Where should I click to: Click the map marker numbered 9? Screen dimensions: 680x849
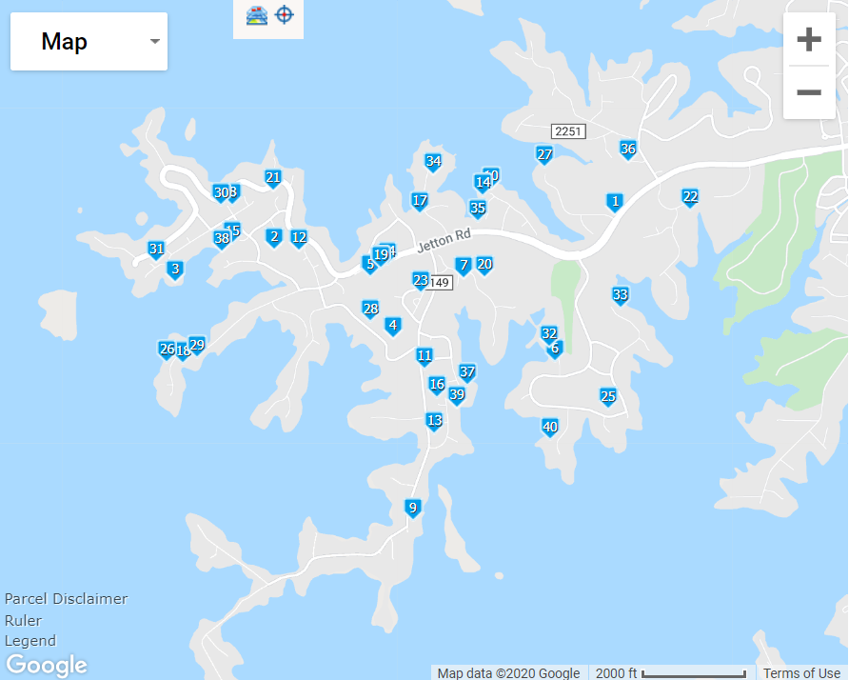pyautogui.click(x=412, y=508)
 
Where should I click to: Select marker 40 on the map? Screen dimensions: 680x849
pyautogui.click(x=549, y=427)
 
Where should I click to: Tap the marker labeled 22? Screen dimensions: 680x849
pyautogui.click(x=690, y=197)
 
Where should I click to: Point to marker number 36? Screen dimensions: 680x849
pyautogui.click(x=627, y=149)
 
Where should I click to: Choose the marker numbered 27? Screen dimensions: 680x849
pyautogui.click(x=544, y=154)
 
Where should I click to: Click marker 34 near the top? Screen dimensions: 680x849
pyautogui.click(x=433, y=161)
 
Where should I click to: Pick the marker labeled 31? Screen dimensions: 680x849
pyautogui.click(x=156, y=250)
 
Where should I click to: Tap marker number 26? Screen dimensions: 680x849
pyautogui.click(x=167, y=350)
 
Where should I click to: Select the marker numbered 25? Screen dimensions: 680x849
pyautogui.click(x=608, y=396)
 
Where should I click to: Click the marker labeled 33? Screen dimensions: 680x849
pyautogui.click(x=621, y=295)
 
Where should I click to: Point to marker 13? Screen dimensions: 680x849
pyautogui.click(x=434, y=420)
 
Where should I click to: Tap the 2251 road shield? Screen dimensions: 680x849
pyautogui.click(x=568, y=130)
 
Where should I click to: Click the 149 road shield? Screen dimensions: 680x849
pyautogui.click(x=439, y=283)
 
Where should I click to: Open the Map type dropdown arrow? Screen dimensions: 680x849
pyautogui.click(x=154, y=42)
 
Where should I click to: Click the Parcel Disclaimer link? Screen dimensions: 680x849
pyautogui.click(x=66, y=599)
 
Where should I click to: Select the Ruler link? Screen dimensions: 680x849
pyautogui.click(x=23, y=620)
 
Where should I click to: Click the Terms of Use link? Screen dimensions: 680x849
pyautogui.click(x=801, y=673)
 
